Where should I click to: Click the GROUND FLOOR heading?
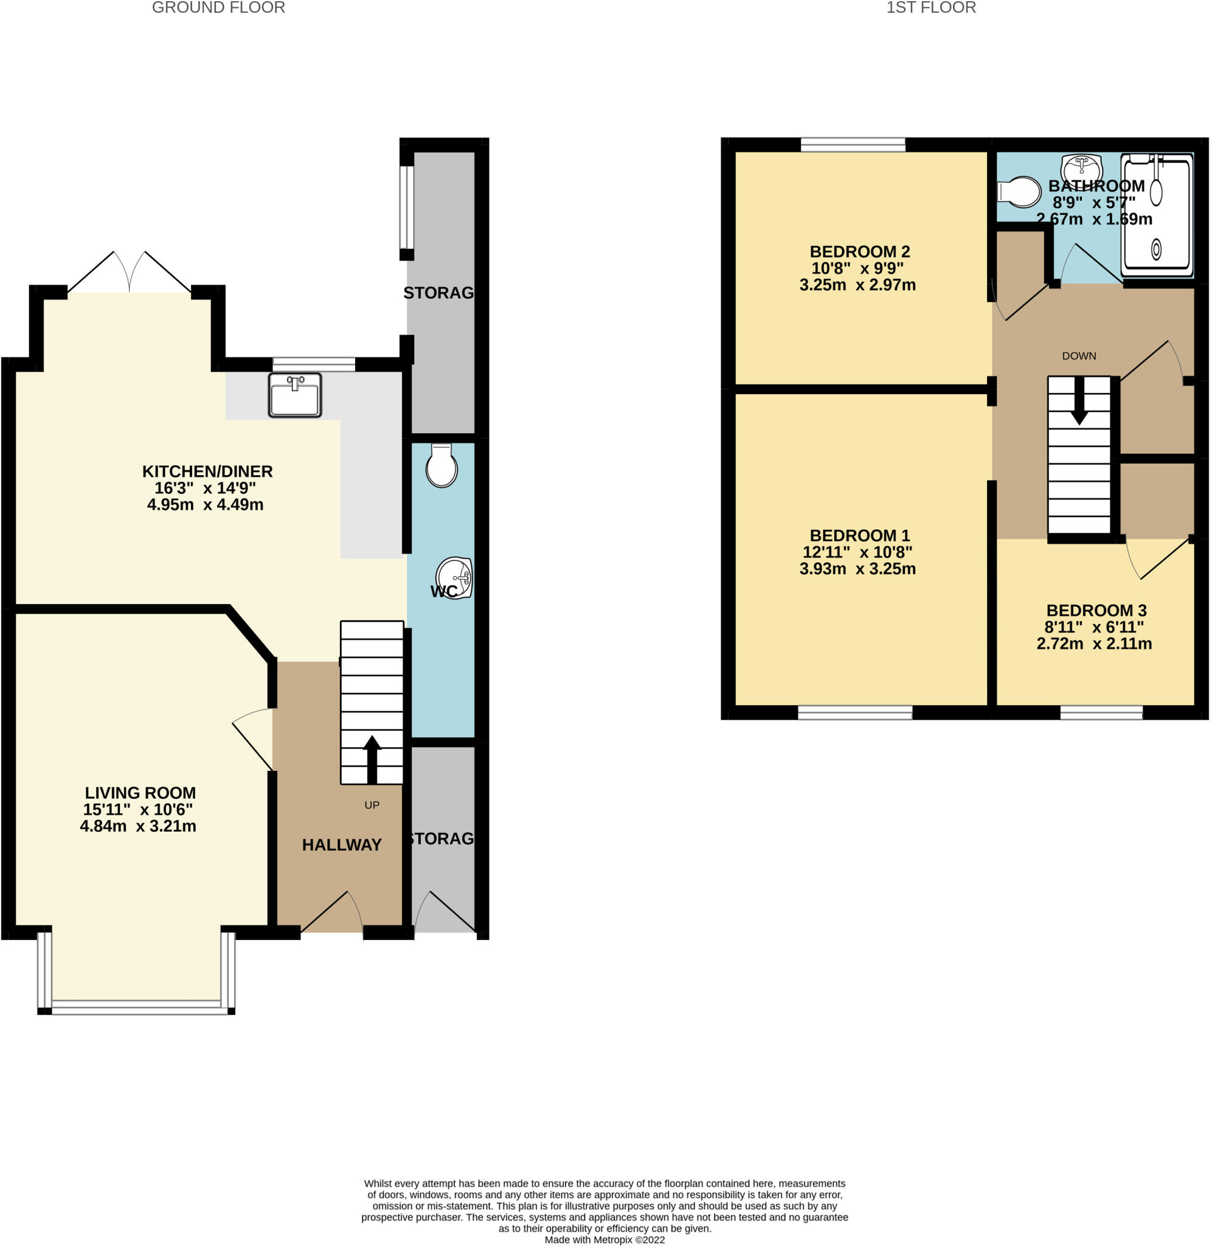tap(218, 9)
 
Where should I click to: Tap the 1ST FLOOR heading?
tap(930, 9)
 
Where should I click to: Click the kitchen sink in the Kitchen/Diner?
tap(295, 395)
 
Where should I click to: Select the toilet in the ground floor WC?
tap(441, 466)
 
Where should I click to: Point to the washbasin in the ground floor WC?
tap(454, 577)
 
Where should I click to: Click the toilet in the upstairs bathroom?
tap(1020, 192)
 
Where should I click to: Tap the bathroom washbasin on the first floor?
tap(1081, 169)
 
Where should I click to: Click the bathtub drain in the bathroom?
tap(1155, 249)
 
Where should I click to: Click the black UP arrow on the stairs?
tap(372, 759)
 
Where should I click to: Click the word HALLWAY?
tap(342, 845)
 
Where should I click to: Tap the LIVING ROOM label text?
tap(140, 793)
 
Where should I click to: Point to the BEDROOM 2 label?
tap(859, 251)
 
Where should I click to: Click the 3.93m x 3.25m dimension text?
tap(857, 569)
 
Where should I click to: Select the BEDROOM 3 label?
tap(1096, 611)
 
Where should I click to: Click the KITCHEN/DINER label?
tap(207, 471)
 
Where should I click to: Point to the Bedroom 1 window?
tap(855, 712)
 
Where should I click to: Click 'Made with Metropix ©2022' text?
tap(604, 1239)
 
